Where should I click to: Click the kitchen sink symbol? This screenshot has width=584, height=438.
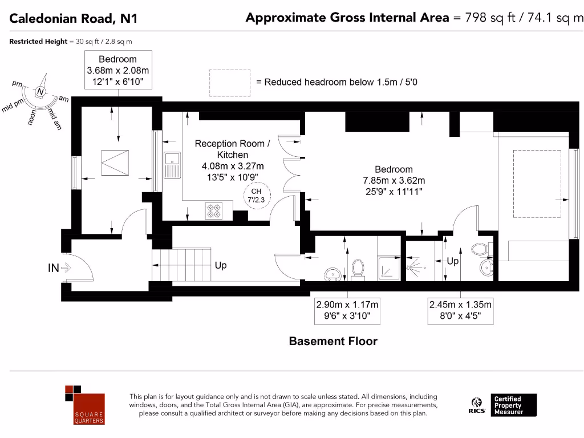(x=172, y=165)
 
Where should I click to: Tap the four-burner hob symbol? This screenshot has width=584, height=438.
(x=214, y=211)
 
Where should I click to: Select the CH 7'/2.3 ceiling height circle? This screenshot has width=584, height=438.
(x=257, y=196)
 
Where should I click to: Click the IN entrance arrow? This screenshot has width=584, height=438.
(x=66, y=267)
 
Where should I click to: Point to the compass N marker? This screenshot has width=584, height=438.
(x=40, y=92)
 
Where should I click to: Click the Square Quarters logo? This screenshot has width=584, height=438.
(x=85, y=405)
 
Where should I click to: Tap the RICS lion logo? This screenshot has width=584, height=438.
(x=477, y=405)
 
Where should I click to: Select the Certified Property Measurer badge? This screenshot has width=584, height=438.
(x=514, y=405)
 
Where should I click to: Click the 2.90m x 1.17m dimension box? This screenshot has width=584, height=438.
(x=347, y=310)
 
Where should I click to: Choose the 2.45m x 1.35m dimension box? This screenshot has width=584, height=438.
(x=460, y=310)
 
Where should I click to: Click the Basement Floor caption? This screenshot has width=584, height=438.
(x=333, y=341)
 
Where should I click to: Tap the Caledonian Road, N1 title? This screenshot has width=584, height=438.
(x=74, y=18)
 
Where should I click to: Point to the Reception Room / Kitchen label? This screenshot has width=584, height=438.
(x=233, y=149)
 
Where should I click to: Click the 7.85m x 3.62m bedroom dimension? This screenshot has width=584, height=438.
(x=394, y=180)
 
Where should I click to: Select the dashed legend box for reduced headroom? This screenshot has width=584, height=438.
(x=230, y=83)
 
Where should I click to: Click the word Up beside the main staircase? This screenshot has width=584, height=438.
(x=221, y=265)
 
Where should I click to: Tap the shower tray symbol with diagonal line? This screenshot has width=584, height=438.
(x=389, y=268)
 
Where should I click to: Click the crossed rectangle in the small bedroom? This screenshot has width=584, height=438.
(x=115, y=163)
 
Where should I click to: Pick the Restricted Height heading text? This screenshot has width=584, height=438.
(x=38, y=41)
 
